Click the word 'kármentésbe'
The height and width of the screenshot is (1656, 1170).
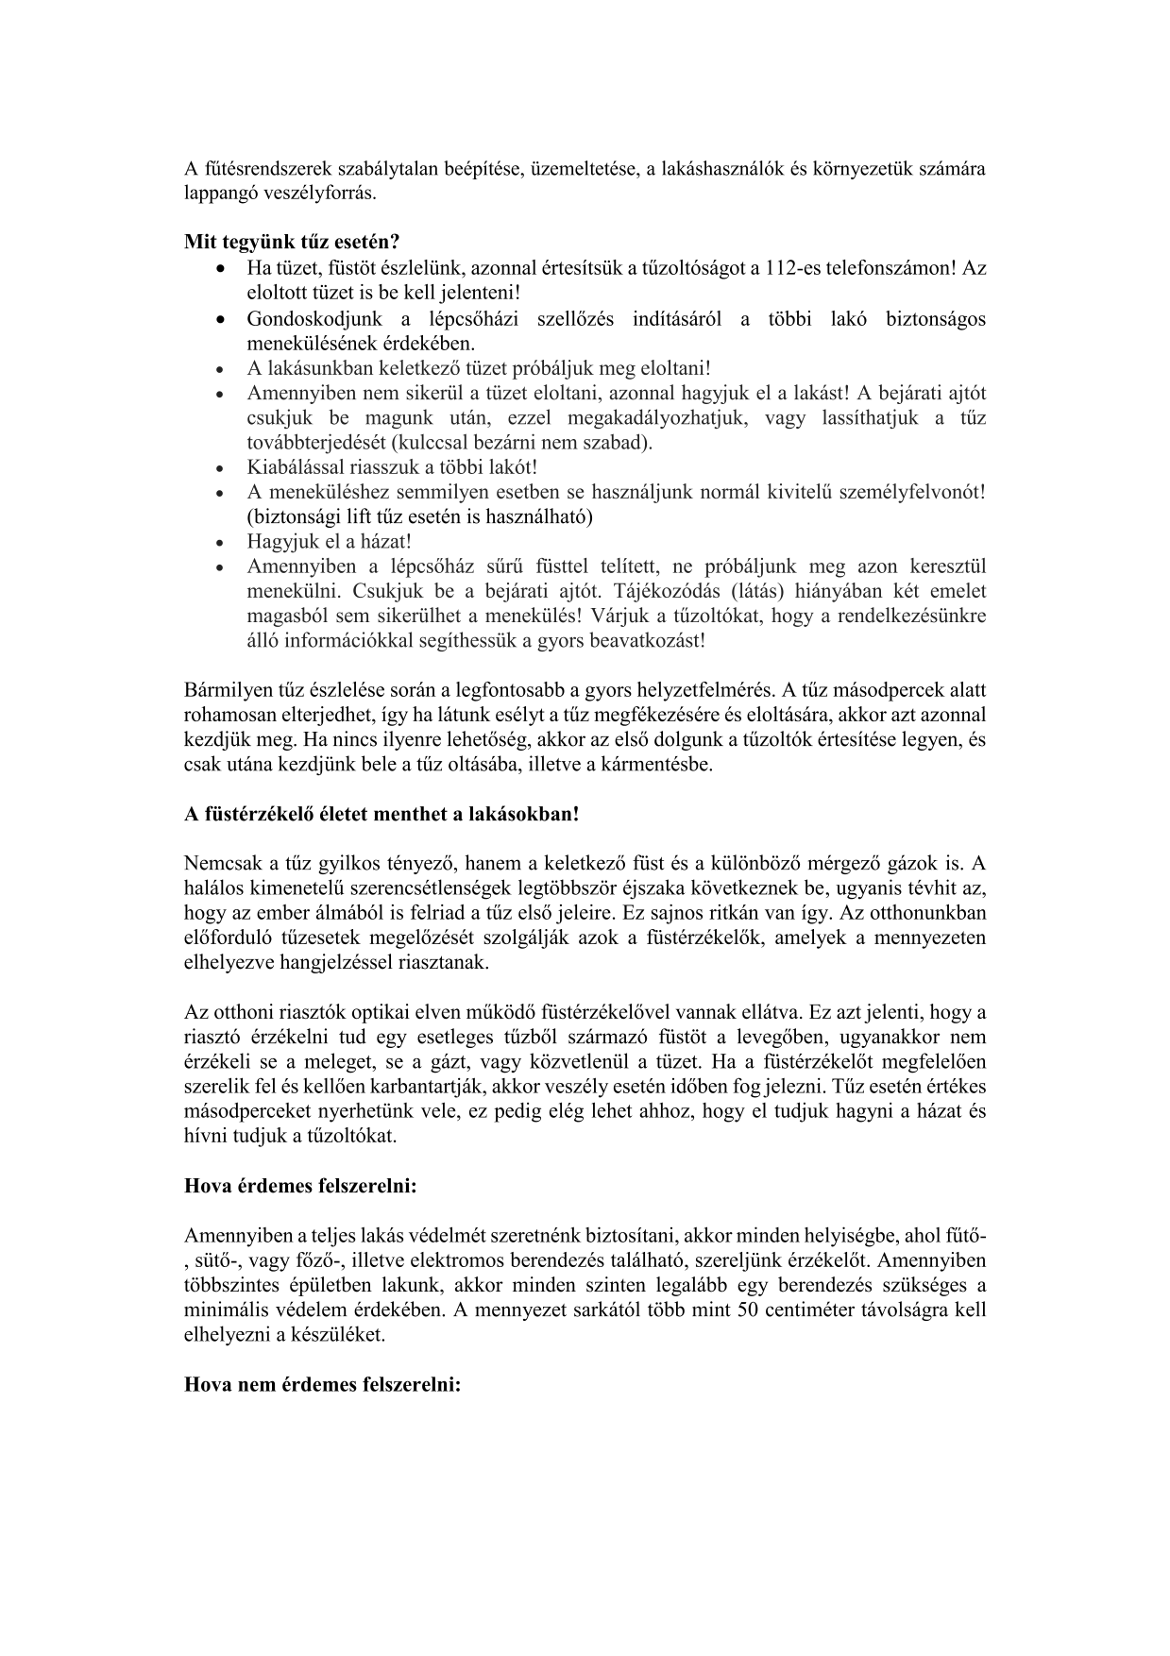coord(657,764)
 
